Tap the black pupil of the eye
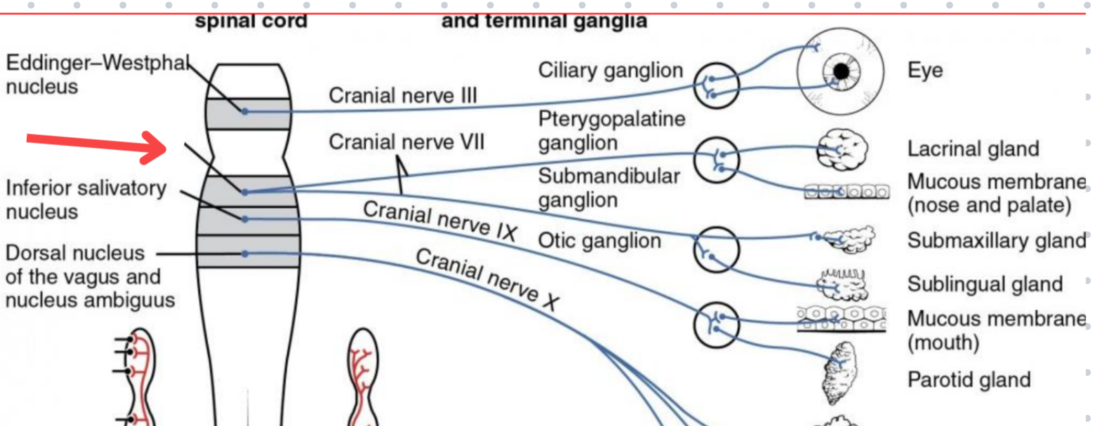(x=841, y=71)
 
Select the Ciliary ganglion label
(x=610, y=70)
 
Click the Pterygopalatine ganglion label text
(x=612, y=130)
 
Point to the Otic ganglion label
(x=599, y=241)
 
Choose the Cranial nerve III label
(x=403, y=95)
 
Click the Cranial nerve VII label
(x=406, y=142)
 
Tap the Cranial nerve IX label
(x=439, y=221)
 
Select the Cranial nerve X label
(x=487, y=278)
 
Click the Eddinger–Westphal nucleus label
(x=97, y=74)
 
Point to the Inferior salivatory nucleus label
(x=86, y=199)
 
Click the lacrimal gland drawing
(x=842, y=150)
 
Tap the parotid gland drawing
(x=841, y=373)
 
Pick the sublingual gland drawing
(x=841, y=284)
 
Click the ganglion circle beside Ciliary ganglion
(x=716, y=85)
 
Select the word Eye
(x=925, y=70)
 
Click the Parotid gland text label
(x=969, y=380)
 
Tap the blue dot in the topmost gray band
(x=245, y=110)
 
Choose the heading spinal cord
(x=251, y=21)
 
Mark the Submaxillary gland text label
(x=996, y=241)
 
